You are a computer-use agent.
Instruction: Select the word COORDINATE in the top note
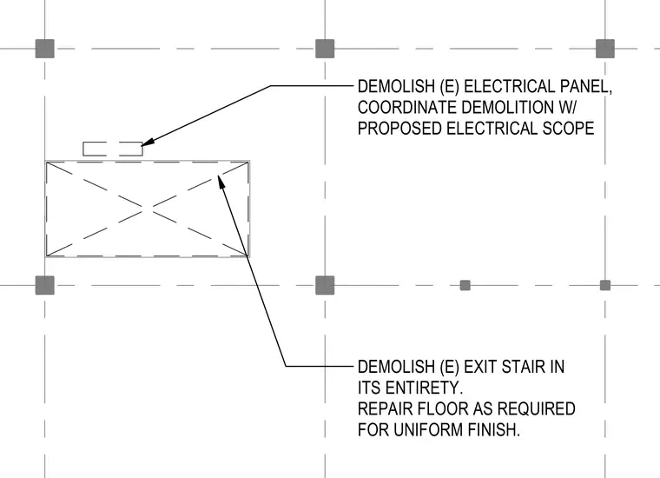coord(407,108)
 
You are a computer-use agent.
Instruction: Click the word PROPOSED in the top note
coord(399,129)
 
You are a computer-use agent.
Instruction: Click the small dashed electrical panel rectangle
coord(113,149)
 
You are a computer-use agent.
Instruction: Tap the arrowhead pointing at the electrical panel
coord(148,143)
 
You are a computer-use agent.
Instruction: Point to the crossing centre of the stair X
coord(147,209)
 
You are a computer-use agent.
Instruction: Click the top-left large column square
coord(44,49)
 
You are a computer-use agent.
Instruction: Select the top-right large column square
coord(605,49)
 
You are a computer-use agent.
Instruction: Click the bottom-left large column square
coord(44,285)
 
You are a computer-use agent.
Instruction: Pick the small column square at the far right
coord(605,285)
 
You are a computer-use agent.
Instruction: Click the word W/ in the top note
coord(567,108)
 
